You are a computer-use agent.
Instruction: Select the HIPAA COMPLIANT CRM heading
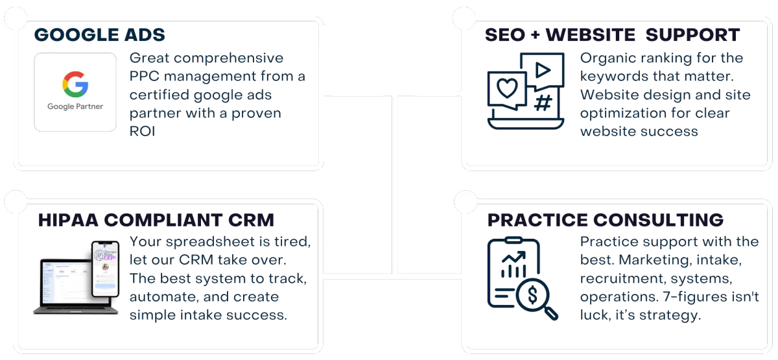click(156, 220)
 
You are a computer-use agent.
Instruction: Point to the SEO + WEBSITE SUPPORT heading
click(613, 34)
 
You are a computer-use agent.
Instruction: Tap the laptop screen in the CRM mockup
click(65, 284)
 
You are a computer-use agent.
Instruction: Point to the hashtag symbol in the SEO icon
click(543, 102)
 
